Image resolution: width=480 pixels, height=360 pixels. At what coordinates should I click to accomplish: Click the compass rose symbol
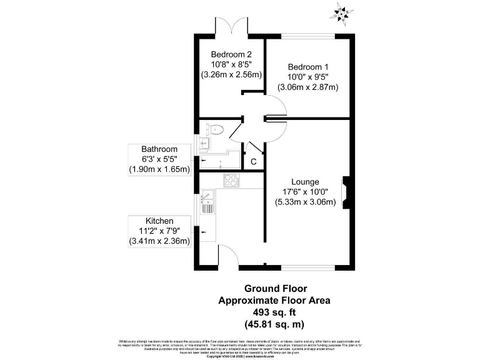342,11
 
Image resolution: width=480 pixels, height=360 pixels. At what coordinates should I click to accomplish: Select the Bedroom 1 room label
307,66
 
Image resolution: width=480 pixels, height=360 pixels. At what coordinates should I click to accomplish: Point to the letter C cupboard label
254,162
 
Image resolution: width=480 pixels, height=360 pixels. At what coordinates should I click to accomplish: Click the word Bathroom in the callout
159,149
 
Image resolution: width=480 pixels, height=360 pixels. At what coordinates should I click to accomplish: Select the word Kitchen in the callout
159,221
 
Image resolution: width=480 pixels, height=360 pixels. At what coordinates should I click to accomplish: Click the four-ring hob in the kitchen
231,181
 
